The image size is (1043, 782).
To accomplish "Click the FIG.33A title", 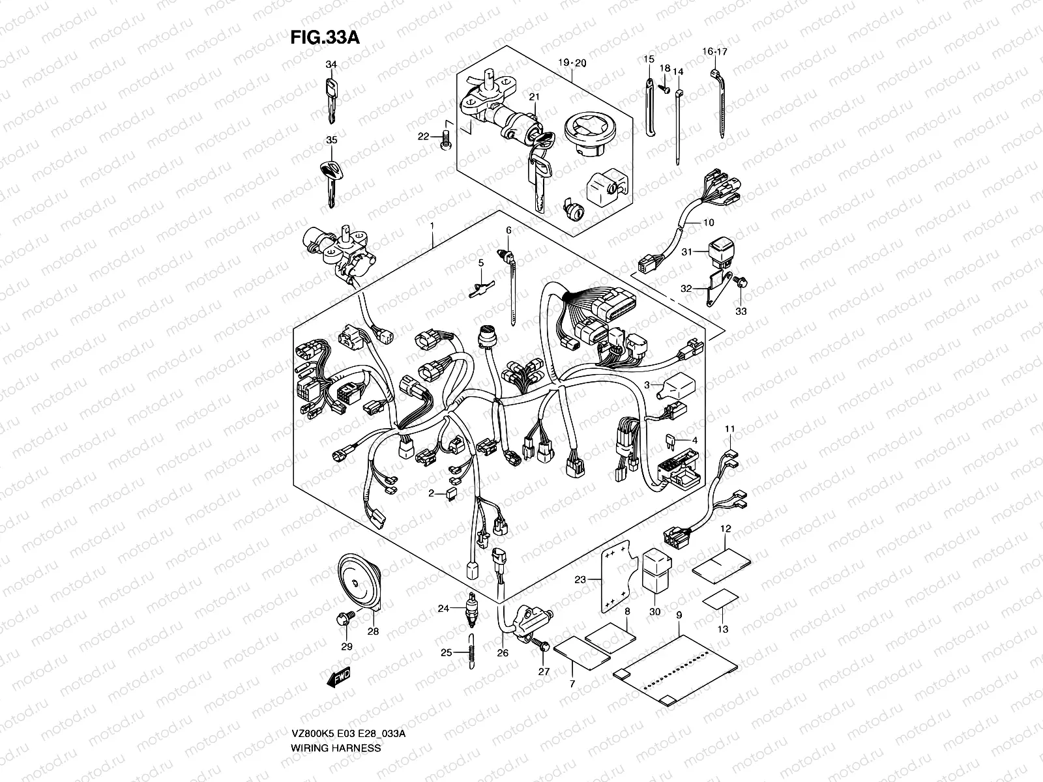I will pyautogui.click(x=325, y=38).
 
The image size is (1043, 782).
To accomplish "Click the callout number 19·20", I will pyautogui.click(x=572, y=63).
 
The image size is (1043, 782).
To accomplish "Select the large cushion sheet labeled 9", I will pyautogui.click(x=675, y=671).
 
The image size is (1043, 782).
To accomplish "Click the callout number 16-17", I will pyautogui.click(x=714, y=51).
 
